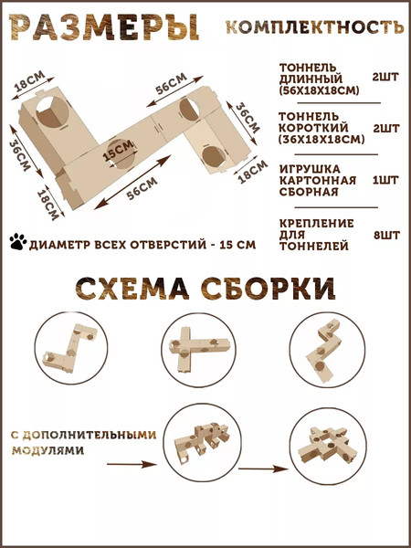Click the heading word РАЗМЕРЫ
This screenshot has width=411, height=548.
point(101,26)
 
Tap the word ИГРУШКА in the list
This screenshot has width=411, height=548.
point(306,168)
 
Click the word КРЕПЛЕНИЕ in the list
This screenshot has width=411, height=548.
point(313,223)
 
